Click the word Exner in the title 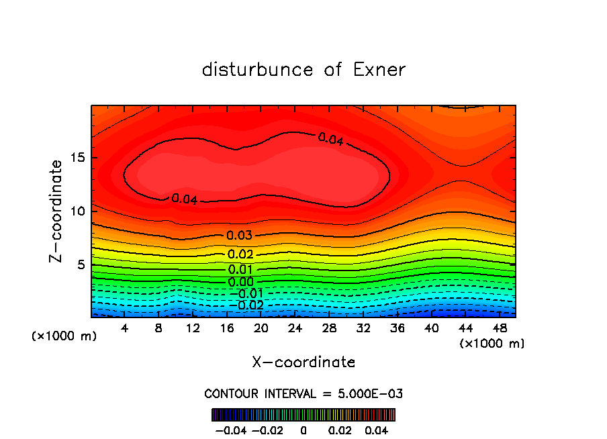tap(379, 70)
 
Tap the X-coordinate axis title tap(303, 362)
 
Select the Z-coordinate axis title tap(56, 211)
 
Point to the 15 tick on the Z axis tap(78, 158)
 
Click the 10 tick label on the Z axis tap(78, 211)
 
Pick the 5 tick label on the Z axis tap(81, 264)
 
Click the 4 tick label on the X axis tap(125, 328)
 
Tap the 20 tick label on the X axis tap(261, 328)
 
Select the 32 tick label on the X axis tap(363, 328)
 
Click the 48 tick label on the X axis tap(500, 328)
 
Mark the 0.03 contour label tap(239, 236)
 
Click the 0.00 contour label tap(240, 283)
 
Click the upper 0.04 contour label tap(330, 139)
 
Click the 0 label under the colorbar tap(303, 429)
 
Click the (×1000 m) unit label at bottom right tap(492, 344)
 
